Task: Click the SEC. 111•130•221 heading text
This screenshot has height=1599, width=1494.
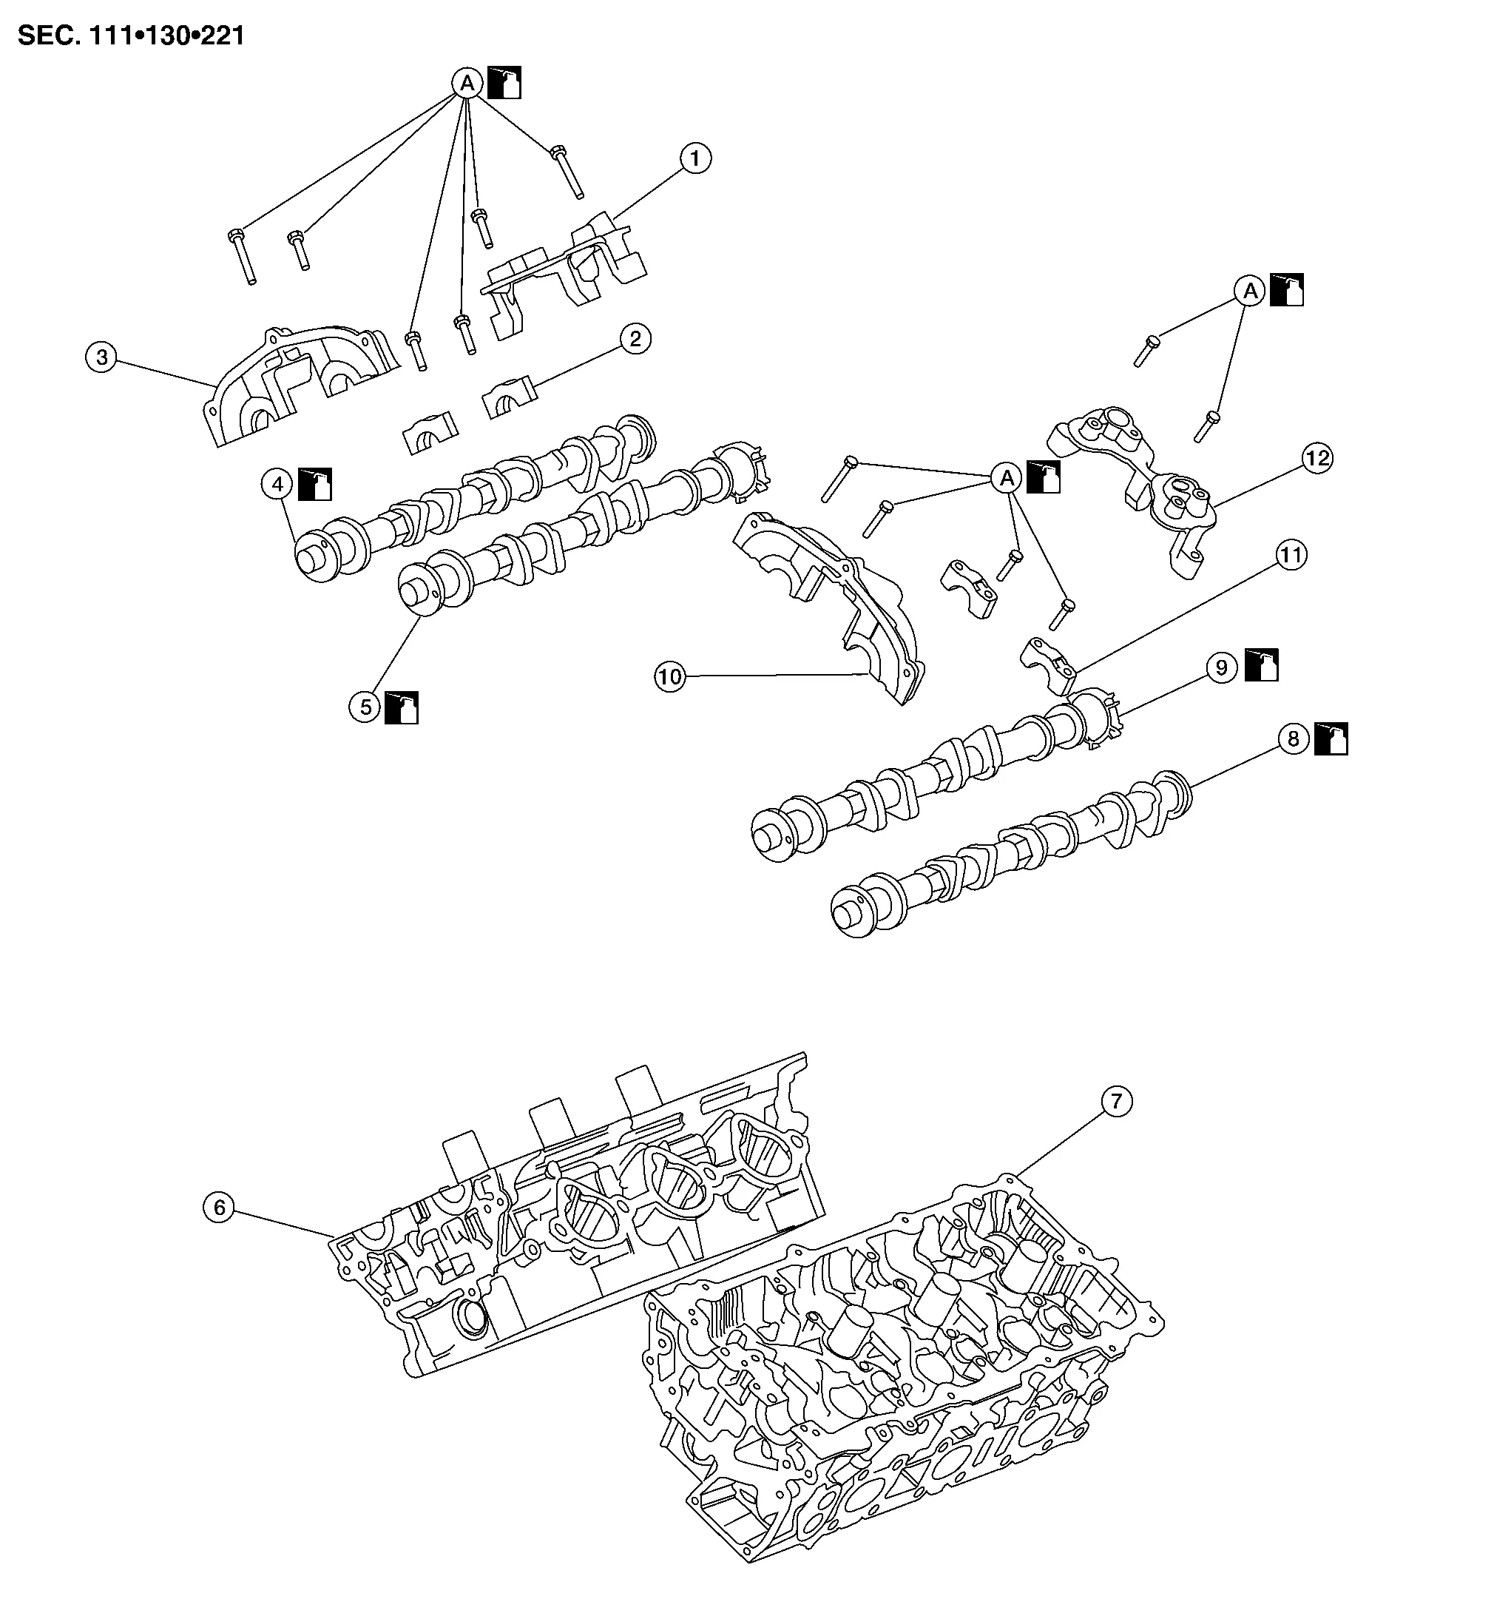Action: pyautogui.click(x=131, y=36)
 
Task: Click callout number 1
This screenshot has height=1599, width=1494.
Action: pyautogui.click(x=694, y=158)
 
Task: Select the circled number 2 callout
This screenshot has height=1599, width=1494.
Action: pyautogui.click(x=635, y=339)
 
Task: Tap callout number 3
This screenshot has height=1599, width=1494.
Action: pyautogui.click(x=102, y=357)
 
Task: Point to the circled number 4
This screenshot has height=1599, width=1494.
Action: pyautogui.click(x=277, y=484)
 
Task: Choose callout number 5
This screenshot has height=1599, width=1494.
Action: pyautogui.click(x=365, y=707)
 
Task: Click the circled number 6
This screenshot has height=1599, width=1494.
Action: pyautogui.click(x=219, y=1208)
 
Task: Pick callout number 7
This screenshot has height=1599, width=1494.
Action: pyautogui.click(x=1115, y=1102)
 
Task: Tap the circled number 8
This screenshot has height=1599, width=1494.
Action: pyautogui.click(x=1293, y=738)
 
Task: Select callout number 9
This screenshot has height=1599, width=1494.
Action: pyautogui.click(x=1221, y=667)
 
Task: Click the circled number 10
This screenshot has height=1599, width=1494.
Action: pyautogui.click(x=670, y=676)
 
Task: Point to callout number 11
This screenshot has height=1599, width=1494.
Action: pyautogui.click(x=1291, y=555)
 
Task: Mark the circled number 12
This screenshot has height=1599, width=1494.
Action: pyautogui.click(x=1317, y=459)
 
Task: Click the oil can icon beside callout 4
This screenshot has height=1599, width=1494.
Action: pyautogui.click(x=315, y=484)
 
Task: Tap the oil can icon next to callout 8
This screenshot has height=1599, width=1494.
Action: pyautogui.click(x=1331, y=738)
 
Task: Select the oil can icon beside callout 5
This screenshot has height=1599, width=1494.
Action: pyautogui.click(x=402, y=707)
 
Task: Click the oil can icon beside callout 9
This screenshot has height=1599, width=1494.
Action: pyautogui.click(x=1262, y=665)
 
